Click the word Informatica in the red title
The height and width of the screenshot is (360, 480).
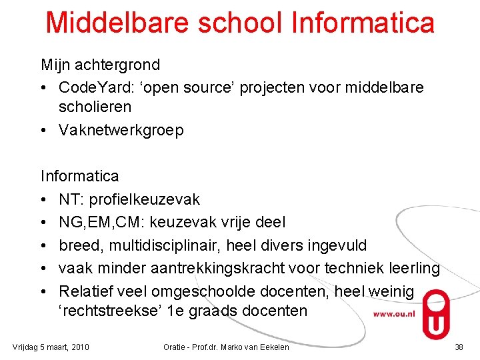(363, 22)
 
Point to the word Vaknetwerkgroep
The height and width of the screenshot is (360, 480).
(121, 130)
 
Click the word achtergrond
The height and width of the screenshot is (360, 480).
(118, 65)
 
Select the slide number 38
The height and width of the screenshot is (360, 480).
(459, 347)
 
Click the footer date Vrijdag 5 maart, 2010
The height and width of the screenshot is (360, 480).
(51, 347)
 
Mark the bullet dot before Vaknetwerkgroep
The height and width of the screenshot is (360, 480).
(43, 130)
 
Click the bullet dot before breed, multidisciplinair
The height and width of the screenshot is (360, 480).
(43, 245)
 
